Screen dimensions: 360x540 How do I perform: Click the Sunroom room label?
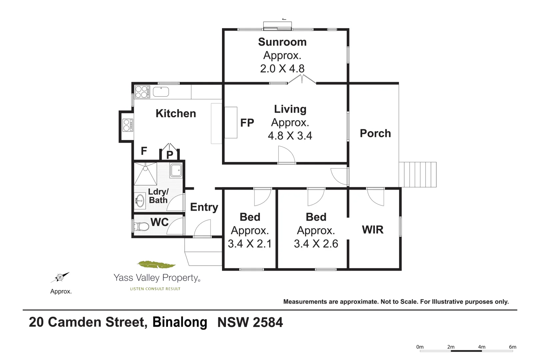point(282,42)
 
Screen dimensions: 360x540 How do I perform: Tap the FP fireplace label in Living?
point(247,123)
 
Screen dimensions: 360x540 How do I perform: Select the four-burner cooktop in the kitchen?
point(142,92)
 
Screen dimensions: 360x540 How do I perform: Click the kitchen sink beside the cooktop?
point(161,92)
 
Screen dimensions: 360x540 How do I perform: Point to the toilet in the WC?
point(142,227)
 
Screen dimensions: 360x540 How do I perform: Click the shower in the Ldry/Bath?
point(145,173)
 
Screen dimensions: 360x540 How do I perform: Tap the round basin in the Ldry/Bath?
point(140,201)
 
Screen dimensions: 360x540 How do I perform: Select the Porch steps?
point(418,174)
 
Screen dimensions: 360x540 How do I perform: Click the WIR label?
point(372,230)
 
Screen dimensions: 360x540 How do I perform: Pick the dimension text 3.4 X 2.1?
point(250,244)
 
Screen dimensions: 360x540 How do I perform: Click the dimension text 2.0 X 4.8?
point(282,69)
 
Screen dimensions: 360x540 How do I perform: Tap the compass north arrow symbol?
point(60,277)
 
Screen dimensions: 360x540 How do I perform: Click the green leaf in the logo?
point(156,265)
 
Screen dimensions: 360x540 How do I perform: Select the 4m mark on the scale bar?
point(481,347)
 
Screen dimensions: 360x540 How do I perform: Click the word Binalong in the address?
point(180,322)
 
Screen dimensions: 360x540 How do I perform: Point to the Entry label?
point(204,207)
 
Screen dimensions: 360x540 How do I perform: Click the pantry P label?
point(170,155)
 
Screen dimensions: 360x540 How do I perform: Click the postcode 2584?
point(268,322)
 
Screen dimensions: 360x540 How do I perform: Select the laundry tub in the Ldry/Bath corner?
point(176,170)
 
